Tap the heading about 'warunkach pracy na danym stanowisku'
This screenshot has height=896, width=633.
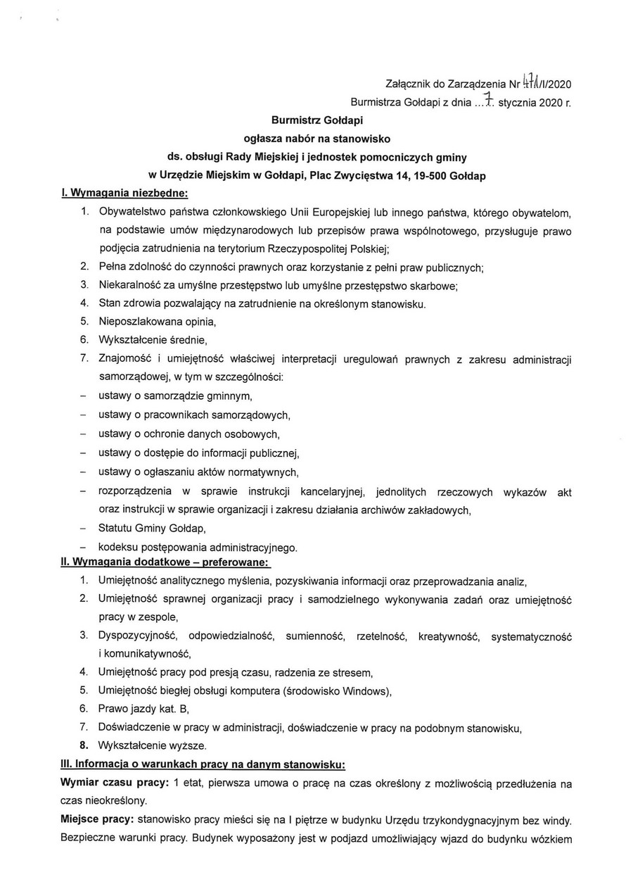click(203, 764)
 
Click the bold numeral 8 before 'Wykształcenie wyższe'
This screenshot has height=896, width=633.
click(83, 745)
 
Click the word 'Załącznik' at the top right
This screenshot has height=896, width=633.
click(409, 84)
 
